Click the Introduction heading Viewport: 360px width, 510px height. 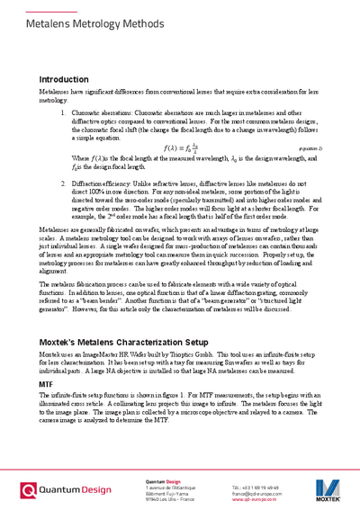pos(64,80)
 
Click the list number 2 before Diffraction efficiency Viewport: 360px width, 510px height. pos(63,183)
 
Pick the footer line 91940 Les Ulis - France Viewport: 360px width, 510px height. pos(169,498)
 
